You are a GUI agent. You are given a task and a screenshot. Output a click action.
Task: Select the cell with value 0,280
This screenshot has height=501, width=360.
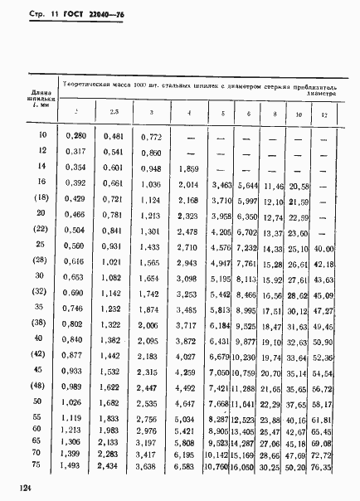tap(76, 135)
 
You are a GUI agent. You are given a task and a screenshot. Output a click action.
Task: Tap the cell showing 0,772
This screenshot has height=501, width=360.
tap(148, 135)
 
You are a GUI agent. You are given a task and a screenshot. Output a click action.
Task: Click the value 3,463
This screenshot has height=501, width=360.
tap(220, 184)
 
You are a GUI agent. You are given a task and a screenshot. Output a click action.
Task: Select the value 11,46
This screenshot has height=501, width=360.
tap(273, 186)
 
